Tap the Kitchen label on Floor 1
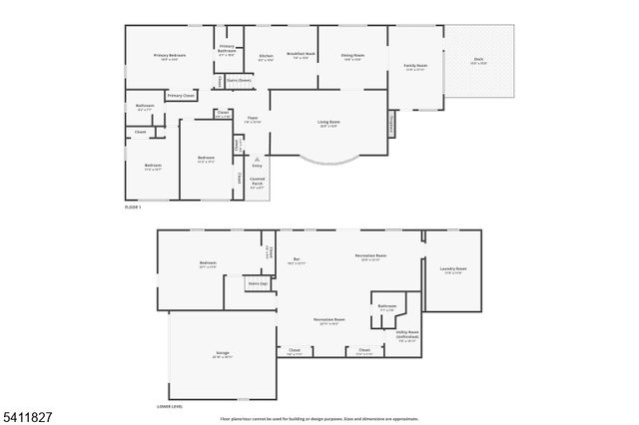tap(267, 56)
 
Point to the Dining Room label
tap(352, 56)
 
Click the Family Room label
tap(415, 68)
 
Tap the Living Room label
tap(328, 123)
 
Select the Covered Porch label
tap(257, 183)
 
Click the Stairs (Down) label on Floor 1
tap(239, 80)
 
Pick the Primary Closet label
tap(181, 96)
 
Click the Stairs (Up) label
tap(258, 283)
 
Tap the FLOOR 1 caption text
tap(133, 207)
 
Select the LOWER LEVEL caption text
tap(170, 407)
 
